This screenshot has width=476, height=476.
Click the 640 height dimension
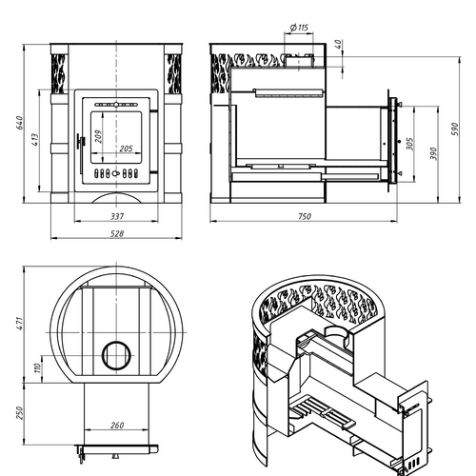click(20, 123)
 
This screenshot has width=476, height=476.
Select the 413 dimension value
click(35, 140)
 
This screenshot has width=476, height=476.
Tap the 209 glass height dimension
click(98, 136)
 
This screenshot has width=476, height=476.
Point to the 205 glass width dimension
click(126, 149)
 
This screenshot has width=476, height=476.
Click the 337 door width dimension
click(117, 216)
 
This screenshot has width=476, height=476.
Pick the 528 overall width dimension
click(117, 234)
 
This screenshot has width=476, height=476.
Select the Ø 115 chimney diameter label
click(299, 28)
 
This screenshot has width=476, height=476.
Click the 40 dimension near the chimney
click(339, 44)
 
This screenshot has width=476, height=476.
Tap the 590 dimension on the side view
click(455, 129)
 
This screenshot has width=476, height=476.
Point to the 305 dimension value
click(410, 144)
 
